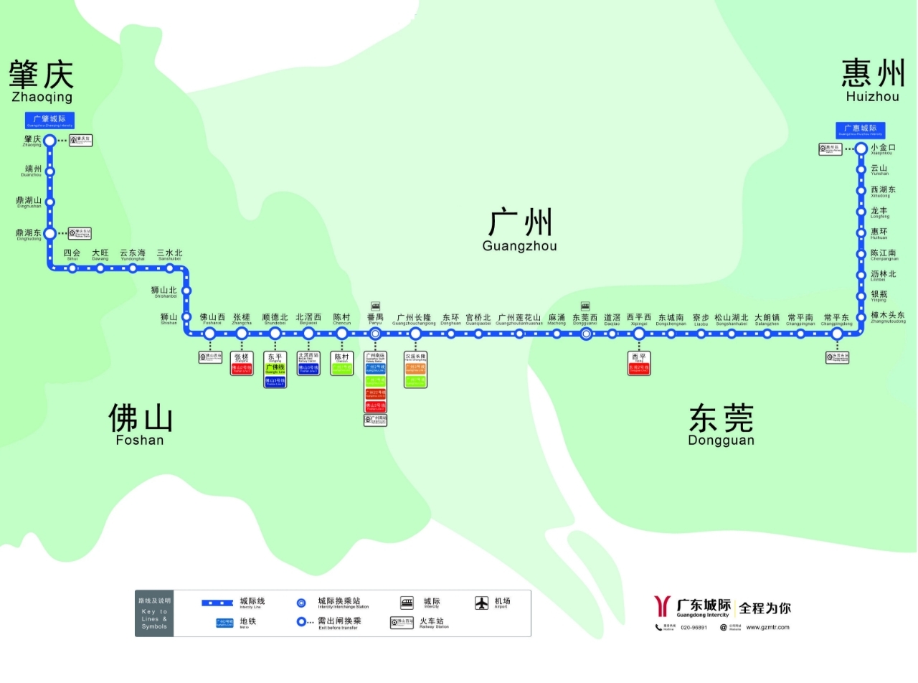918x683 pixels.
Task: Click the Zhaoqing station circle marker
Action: (50, 141)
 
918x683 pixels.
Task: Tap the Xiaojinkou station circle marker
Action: (861, 149)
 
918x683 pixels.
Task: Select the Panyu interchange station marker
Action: (375, 334)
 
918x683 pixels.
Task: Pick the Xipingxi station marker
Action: (639, 334)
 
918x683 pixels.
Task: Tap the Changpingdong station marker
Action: (837, 334)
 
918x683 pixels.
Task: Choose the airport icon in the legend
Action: (482, 603)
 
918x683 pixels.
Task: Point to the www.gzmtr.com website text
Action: (767, 627)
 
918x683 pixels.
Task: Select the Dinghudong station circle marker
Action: (50, 233)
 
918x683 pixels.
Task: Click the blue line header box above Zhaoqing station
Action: (50, 120)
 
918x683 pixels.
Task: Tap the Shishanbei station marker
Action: (186, 291)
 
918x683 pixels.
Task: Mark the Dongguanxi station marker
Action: (586, 334)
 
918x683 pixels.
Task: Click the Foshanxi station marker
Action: (210, 334)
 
